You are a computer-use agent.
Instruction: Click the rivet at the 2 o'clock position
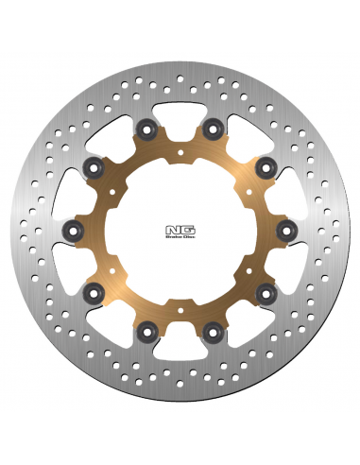(266, 166)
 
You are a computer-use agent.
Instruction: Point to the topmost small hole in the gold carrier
(180, 148)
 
